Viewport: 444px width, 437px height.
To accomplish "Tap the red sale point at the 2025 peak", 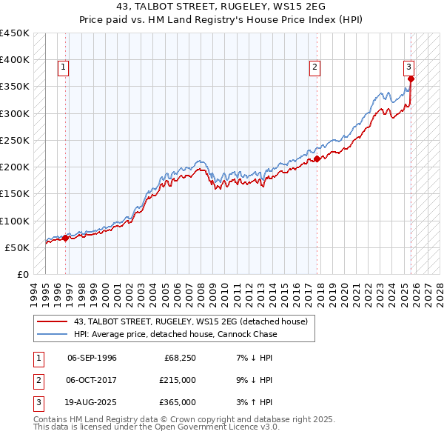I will [411, 79].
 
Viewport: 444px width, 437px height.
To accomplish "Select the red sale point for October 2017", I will [317, 159].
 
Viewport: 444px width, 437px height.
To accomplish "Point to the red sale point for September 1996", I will [66, 238].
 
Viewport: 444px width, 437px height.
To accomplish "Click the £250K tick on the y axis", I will [14, 140].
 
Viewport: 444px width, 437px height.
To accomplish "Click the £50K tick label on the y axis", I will [16, 247].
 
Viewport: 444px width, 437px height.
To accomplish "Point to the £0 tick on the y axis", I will [23, 274].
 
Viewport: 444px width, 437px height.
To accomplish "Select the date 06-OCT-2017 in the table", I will [92, 380].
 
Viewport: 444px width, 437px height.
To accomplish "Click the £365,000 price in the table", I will [178, 402].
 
